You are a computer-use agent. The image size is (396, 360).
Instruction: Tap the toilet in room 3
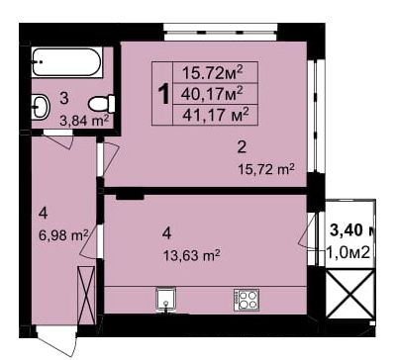101,103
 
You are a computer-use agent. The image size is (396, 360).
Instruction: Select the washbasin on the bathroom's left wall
42,106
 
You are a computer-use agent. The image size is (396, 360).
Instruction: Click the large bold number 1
163,94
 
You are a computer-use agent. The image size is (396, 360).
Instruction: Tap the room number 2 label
241,148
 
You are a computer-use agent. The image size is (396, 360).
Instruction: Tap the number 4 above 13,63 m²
168,233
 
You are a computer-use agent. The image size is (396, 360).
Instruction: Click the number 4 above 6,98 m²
43,213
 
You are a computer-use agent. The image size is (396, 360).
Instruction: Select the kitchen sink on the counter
165,298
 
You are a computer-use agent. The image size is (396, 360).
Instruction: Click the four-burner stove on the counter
246,299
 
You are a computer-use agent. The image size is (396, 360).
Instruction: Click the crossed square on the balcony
350,294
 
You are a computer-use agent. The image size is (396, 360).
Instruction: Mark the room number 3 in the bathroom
63,98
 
